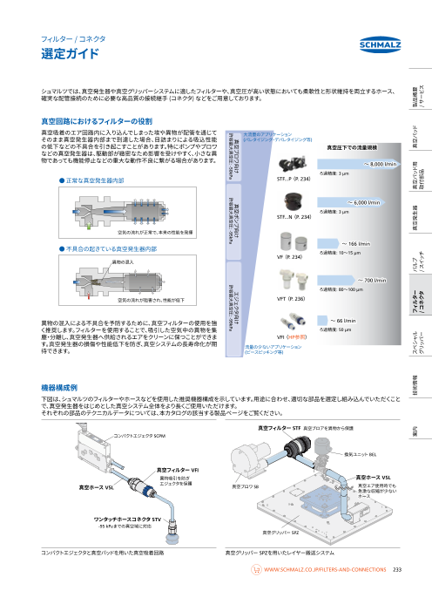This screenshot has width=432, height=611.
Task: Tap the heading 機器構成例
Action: coord(61,385)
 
